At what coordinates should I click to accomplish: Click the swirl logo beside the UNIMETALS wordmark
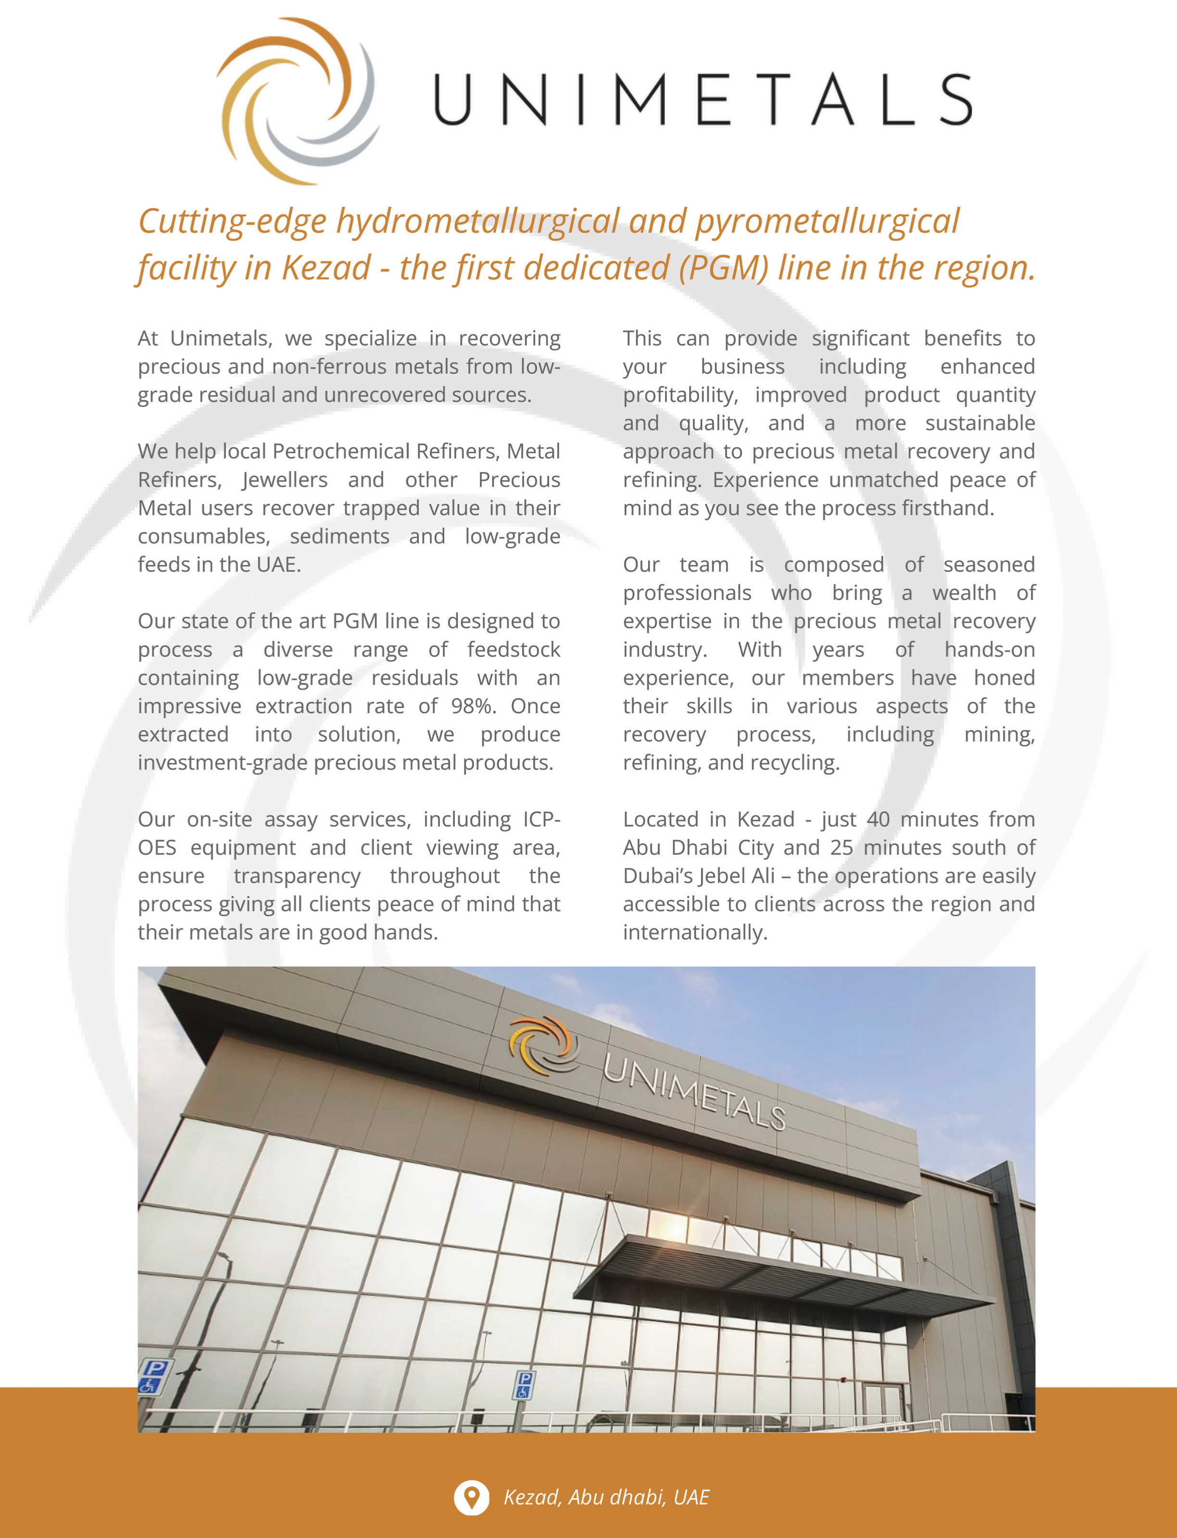coord(297,101)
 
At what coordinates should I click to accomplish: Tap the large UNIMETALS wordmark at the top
coord(703,100)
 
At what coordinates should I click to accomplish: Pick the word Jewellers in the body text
coord(285,480)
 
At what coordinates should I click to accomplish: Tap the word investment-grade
coord(222,763)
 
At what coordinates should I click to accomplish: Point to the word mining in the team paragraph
coord(998,734)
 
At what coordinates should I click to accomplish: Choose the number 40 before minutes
coord(878,819)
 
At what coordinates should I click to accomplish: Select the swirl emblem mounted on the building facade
coord(543,1044)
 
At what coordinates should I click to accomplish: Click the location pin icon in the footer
coord(472,1497)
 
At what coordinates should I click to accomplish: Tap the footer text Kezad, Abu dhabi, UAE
coord(606,1497)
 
